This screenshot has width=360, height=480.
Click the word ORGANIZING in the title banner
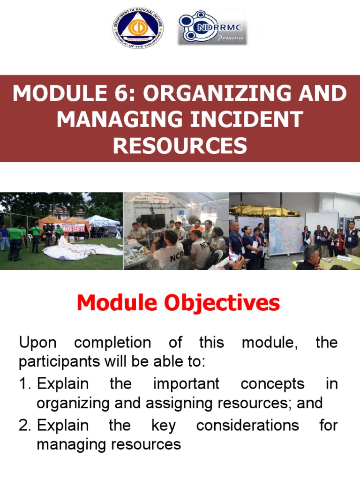coord(220,94)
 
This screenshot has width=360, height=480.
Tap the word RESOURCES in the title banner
coord(180,145)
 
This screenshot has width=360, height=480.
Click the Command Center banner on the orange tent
coord(69,228)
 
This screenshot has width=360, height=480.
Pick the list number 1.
coord(24,384)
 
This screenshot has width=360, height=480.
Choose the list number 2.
coord(24,426)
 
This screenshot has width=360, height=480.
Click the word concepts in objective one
coord(272,384)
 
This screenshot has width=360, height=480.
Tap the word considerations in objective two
coord(247,426)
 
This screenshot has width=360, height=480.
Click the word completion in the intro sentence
coord(112,343)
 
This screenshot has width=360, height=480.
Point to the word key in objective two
coord(164,426)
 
